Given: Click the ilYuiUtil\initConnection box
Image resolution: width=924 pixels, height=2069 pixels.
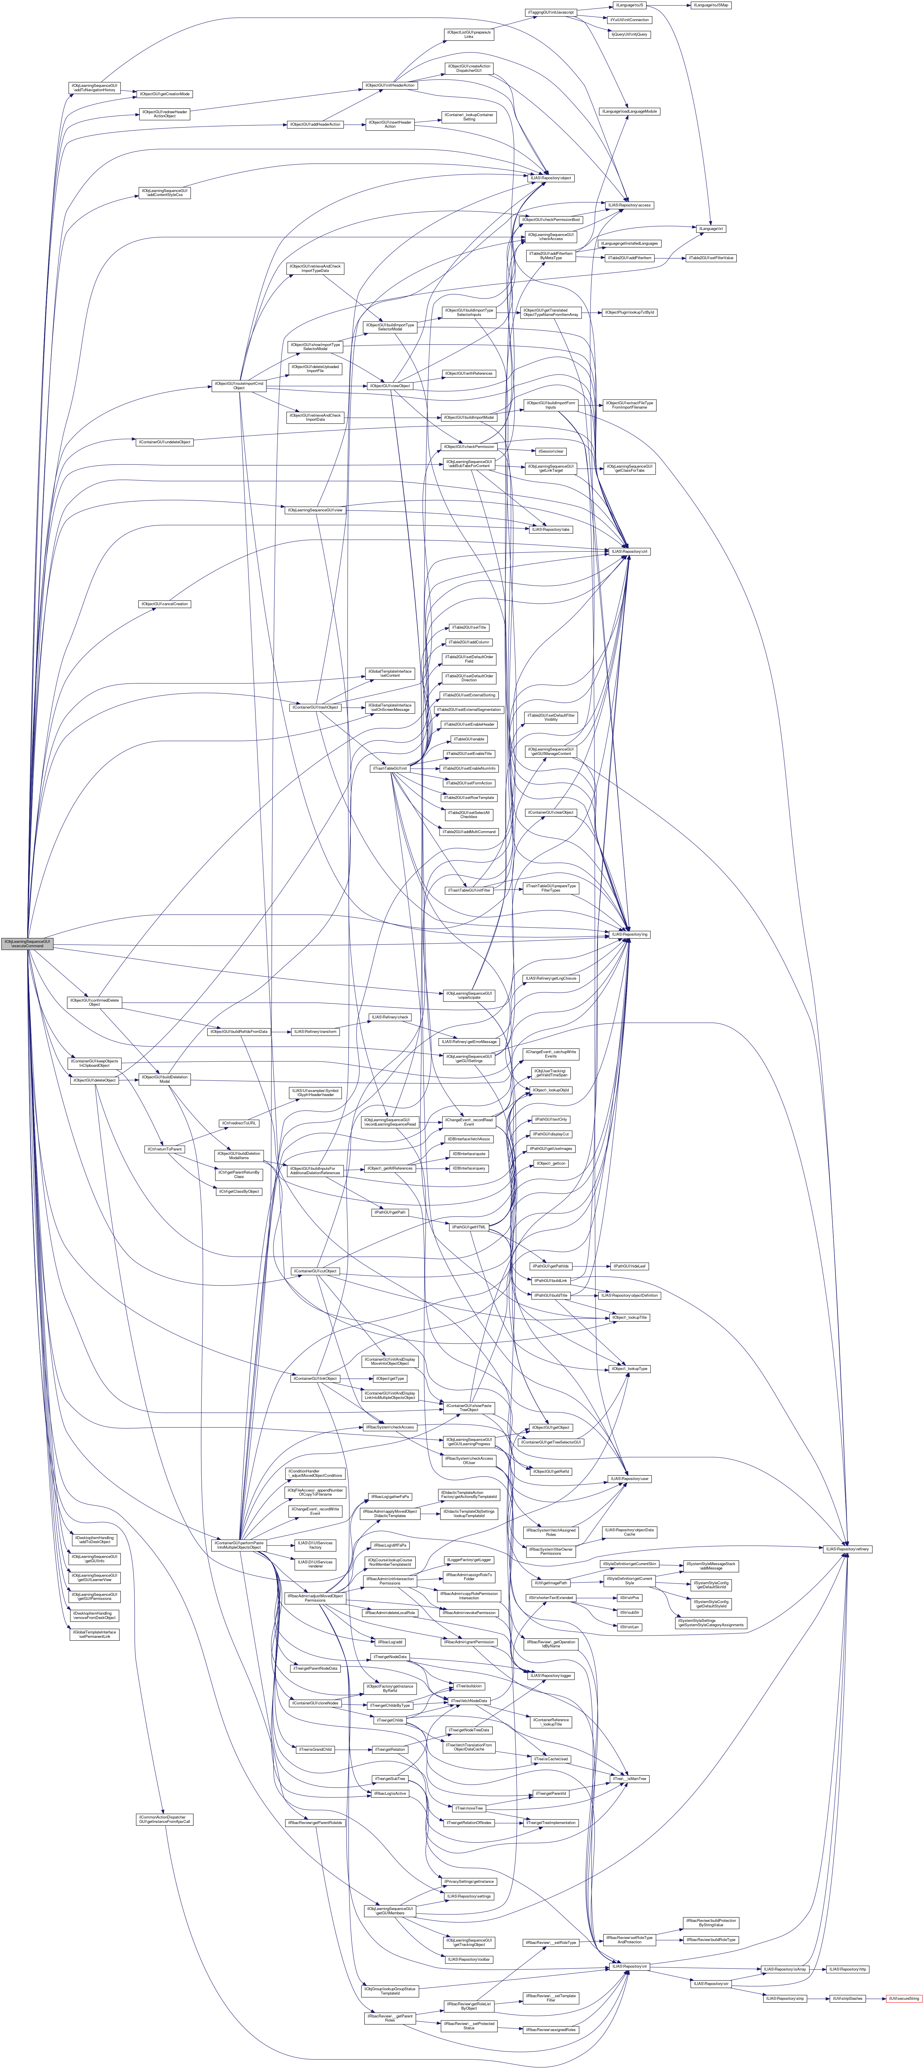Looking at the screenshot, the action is click(629, 19).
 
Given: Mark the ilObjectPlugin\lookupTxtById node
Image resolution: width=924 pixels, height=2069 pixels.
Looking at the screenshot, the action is click(629, 312).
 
